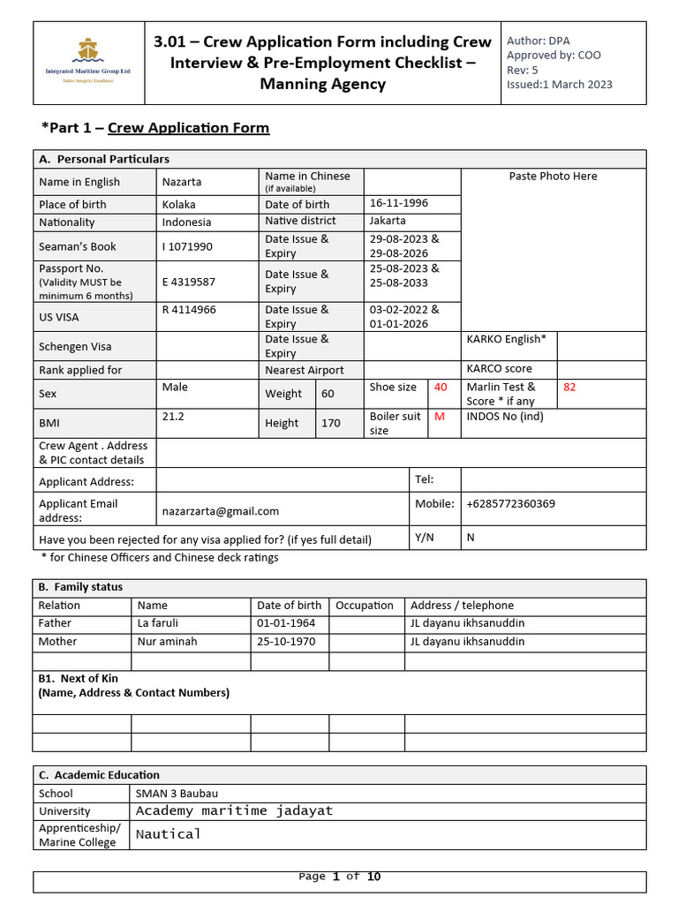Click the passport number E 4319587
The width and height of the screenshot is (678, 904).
pyautogui.click(x=188, y=282)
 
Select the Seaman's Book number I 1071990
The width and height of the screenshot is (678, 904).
pyautogui.click(x=187, y=246)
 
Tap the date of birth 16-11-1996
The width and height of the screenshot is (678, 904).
pyautogui.click(x=398, y=203)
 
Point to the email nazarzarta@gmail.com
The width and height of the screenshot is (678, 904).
pyautogui.click(x=220, y=511)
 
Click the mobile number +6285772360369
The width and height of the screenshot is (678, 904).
pyautogui.click(x=510, y=504)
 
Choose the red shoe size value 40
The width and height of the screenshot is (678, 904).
pyautogui.click(x=441, y=387)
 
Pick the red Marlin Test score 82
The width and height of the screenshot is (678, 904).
pyautogui.click(x=569, y=387)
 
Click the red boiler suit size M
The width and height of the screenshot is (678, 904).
pyautogui.click(x=439, y=417)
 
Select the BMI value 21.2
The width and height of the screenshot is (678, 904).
pyautogui.click(x=173, y=416)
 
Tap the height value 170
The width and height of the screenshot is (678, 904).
pyautogui.click(x=330, y=423)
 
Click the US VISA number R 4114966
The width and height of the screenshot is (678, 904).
pyautogui.click(x=189, y=310)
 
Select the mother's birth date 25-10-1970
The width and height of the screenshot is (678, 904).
pyautogui.click(x=286, y=642)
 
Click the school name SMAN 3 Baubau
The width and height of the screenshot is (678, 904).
pyautogui.click(x=177, y=793)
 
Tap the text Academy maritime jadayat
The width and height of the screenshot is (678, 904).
pyautogui.click(x=234, y=810)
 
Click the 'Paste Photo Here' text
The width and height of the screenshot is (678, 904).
pyautogui.click(x=553, y=177)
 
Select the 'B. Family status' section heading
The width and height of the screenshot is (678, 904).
pyautogui.click(x=80, y=587)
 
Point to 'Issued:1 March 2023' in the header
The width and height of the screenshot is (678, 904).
pyautogui.click(x=559, y=85)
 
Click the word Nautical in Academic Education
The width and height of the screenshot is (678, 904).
pyautogui.click(x=169, y=833)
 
